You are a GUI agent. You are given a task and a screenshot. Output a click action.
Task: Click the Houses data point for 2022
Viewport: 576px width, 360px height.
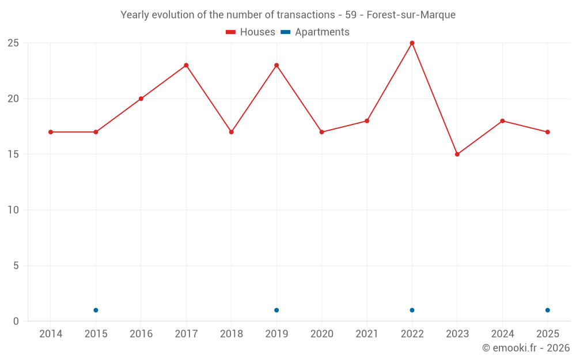[412, 43]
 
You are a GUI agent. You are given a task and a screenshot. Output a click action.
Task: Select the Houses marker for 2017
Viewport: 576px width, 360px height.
[186, 66]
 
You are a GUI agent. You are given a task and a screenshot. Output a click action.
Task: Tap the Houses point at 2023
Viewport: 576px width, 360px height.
[457, 154]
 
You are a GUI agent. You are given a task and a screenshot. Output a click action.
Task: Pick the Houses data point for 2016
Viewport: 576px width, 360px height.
[141, 99]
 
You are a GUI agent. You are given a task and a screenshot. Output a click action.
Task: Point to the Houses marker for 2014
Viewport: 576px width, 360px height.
[51, 132]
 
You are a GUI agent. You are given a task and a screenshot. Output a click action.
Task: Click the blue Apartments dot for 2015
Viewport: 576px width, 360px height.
[96, 310]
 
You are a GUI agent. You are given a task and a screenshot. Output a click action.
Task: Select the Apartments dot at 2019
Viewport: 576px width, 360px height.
[276, 310]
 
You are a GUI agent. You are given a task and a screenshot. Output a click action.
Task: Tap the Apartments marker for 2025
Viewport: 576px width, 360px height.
[547, 310]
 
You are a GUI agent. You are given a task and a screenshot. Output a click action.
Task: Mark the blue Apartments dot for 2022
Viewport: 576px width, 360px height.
[412, 310]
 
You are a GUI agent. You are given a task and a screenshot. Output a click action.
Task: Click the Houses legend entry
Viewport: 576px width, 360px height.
[251, 32]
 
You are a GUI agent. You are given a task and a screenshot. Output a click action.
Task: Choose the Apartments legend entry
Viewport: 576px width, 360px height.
[315, 32]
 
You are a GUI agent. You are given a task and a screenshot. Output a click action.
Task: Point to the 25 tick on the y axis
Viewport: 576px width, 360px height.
[13, 43]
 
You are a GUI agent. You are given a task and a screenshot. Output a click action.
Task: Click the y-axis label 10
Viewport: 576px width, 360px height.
[13, 210]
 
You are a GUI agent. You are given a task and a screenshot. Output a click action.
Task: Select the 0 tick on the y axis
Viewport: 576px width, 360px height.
[16, 321]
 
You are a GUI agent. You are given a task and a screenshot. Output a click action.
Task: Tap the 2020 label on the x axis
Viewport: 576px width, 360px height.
[322, 334]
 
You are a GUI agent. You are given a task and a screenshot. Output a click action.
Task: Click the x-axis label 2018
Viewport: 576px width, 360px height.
[232, 334]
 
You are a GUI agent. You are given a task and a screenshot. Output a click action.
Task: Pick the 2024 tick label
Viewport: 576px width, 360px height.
[502, 334]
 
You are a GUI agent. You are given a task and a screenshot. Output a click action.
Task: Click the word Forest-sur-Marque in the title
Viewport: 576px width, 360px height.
[411, 15]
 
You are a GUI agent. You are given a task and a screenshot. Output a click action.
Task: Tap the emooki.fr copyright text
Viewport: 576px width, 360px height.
[526, 347]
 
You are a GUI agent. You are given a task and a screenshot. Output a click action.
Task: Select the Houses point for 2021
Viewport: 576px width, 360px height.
[366, 121]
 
